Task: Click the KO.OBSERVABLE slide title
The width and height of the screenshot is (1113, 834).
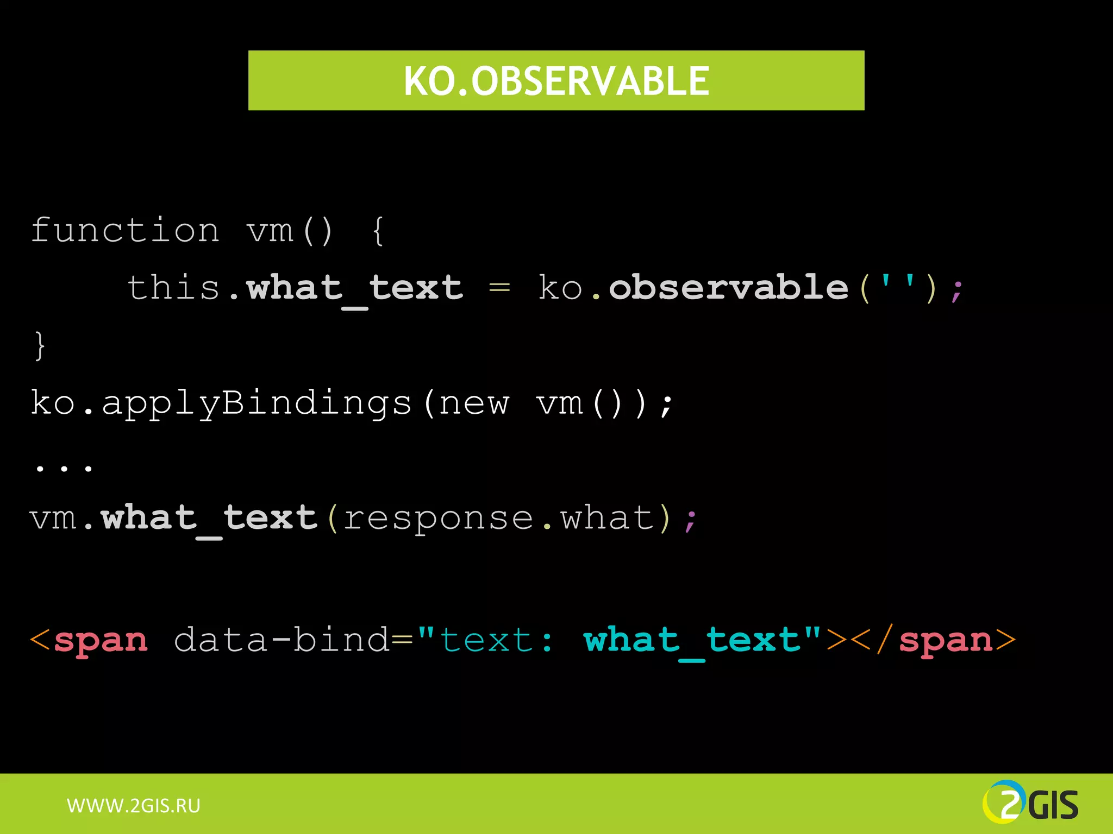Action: (x=556, y=81)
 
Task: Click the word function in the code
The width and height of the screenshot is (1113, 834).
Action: (x=125, y=231)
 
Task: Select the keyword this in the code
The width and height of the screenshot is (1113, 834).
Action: (x=173, y=287)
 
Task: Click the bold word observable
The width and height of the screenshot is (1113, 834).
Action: (x=728, y=287)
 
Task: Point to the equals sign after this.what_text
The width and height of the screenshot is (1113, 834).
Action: (x=499, y=287)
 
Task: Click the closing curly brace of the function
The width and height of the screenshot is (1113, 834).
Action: (x=40, y=346)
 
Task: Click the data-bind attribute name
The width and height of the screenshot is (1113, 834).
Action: (x=282, y=640)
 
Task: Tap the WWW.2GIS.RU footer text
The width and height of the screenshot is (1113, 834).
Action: (x=134, y=805)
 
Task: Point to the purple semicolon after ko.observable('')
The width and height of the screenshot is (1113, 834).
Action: (x=956, y=291)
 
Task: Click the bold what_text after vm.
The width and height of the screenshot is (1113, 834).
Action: (x=209, y=518)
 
